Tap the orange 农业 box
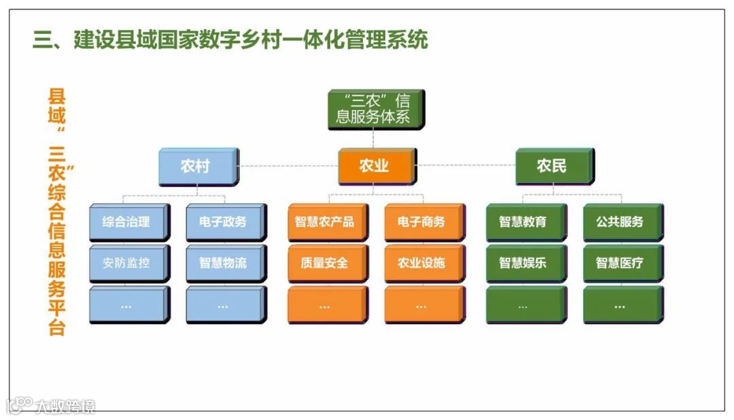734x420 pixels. [374, 166]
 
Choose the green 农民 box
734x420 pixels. [551, 166]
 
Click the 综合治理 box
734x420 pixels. [126, 222]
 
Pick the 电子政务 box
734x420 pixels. [223, 222]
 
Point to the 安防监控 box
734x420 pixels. [126, 262]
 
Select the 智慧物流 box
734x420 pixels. [223, 262]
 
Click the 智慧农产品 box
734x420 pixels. [325, 222]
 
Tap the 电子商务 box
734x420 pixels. [421, 222]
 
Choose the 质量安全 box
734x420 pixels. [325, 262]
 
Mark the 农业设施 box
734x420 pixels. [421, 262]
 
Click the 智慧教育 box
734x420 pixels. [523, 222]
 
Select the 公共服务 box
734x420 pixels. [620, 222]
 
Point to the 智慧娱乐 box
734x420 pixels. [523, 262]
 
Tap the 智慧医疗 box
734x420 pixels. [620, 262]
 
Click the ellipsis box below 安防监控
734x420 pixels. [126, 304]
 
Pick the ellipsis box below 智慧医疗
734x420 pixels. [620, 304]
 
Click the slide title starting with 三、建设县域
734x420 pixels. [231, 39]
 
